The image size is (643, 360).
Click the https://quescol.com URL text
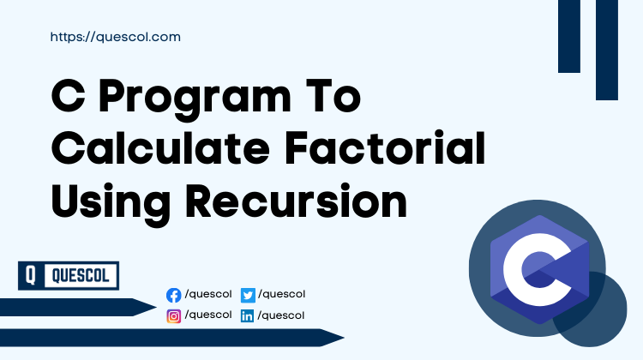[x=115, y=38]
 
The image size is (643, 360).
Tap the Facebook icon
[x=174, y=295]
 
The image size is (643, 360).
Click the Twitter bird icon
[x=248, y=295]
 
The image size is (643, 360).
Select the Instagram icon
[x=174, y=315]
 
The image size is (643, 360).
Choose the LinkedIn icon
[x=248, y=315]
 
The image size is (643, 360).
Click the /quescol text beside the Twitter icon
[x=281, y=294]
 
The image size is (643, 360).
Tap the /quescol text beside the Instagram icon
[x=208, y=315]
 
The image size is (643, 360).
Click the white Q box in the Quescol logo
[x=31, y=276]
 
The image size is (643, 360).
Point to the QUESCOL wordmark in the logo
[x=81, y=276]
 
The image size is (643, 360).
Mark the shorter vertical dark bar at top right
[x=569, y=36]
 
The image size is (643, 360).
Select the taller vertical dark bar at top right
[x=607, y=50]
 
